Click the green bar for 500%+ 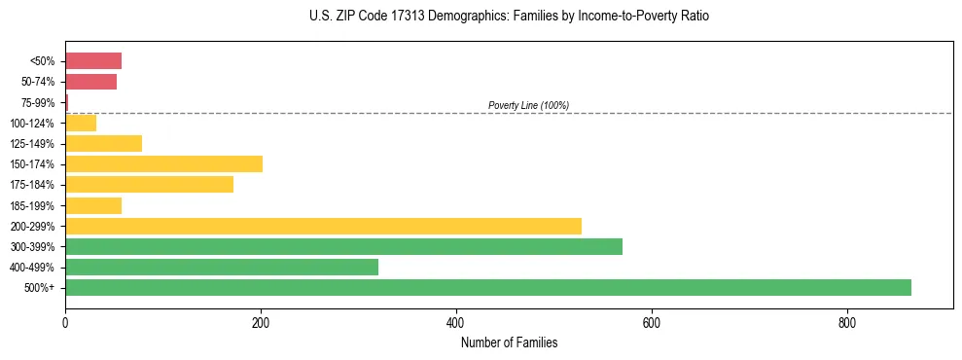coord(487,287)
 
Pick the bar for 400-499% coord(222,267)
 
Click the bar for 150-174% coord(163,163)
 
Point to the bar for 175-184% coord(149,184)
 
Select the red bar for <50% coord(93,61)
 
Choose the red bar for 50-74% coord(90,82)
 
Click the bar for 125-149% coord(103,143)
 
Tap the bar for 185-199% coord(93,205)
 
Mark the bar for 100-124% coord(81,123)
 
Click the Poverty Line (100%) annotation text coord(528,105)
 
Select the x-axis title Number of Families coord(509,342)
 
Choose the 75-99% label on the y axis coord(38,102)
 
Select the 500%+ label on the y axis coord(41,288)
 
